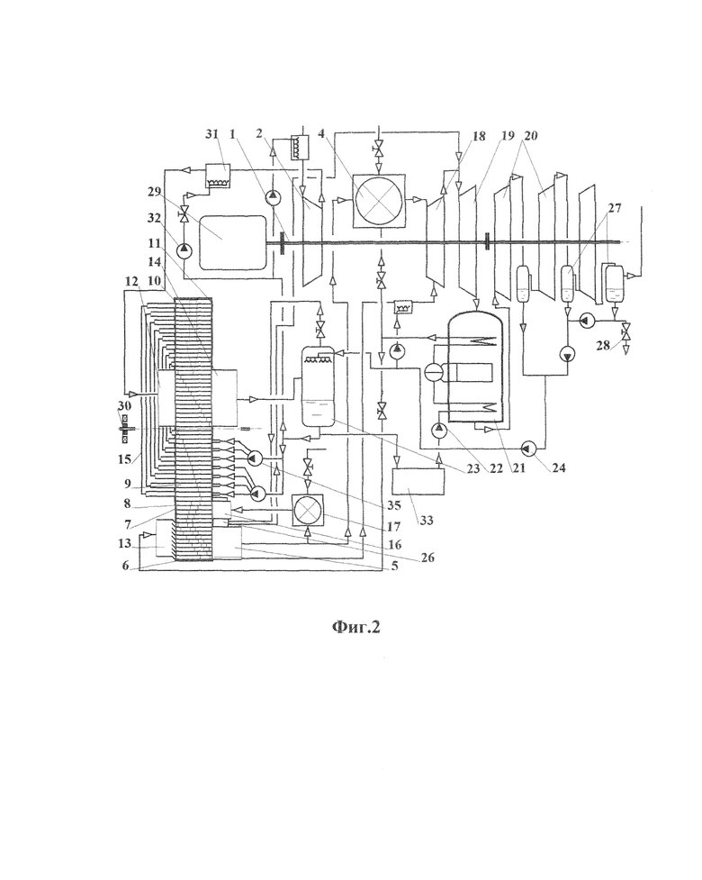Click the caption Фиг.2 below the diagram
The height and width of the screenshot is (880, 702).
[356, 626]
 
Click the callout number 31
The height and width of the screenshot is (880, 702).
[211, 134]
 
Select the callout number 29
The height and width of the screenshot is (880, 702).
[155, 191]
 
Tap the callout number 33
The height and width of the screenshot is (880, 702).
[427, 521]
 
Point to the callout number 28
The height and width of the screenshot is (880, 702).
[603, 345]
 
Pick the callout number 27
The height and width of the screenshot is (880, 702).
[615, 208]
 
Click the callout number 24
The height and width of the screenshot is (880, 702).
[559, 467]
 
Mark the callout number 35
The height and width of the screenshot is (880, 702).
[394, 505]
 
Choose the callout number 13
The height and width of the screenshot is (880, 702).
[124, 543]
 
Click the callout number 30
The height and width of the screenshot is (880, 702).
[124, 405]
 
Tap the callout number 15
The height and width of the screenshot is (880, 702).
[124, 458]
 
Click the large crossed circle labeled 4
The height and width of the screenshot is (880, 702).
[378, 199]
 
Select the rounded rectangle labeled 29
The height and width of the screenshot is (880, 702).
[232, 242]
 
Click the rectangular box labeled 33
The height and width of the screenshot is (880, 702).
[418, 482]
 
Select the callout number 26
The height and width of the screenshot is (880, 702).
[427, 558]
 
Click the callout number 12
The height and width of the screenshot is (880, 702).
[131, 281]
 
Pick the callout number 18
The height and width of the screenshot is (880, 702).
[478, 136]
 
